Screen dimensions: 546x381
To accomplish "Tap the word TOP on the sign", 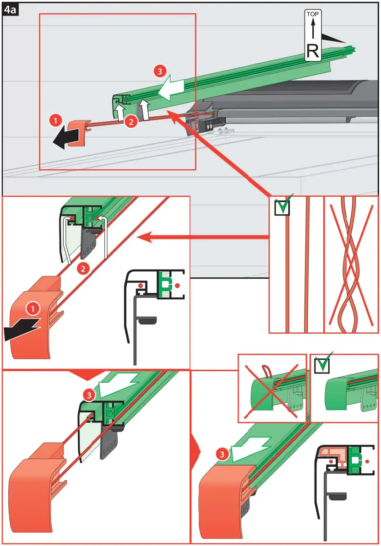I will pyautogui.click(x=313, y=14).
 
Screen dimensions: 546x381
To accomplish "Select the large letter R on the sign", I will pyautogui.click(x=313, y=50).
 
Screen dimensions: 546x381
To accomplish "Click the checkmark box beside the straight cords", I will pyautogui.click(x=282, y=208).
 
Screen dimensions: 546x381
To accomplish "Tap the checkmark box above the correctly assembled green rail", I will pyautogui.click(x=322, y=365).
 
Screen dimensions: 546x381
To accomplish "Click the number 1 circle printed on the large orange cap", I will pyautogui.click(x=33, y=309).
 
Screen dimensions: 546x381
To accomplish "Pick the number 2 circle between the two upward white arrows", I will pyautogui.click(x=131, y=121).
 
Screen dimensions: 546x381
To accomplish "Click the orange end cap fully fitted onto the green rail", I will pyautogui.click(x=224, y=499).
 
